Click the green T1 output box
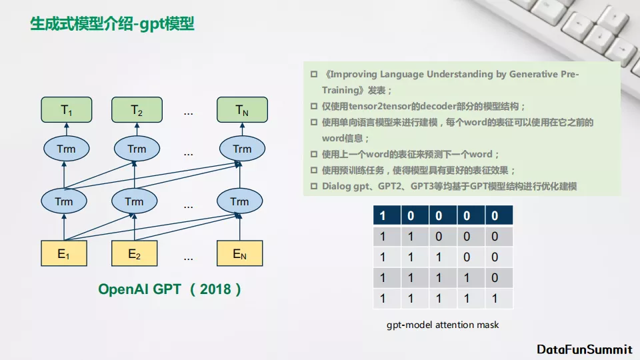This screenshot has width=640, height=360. coord(66,109)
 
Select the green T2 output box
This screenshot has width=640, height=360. coord(137,109)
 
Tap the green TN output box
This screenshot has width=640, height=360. coord(242,109)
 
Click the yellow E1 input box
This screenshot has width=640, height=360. coord(64,253)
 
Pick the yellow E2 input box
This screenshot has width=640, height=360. coord(135,253)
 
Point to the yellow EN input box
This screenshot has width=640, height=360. coord(240,253)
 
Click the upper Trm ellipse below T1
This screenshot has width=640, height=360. coord(66,149)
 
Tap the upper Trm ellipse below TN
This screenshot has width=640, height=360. coord(242,149)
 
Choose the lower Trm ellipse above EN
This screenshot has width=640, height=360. coord(239,201)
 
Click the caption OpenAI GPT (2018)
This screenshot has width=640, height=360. coord(169,289)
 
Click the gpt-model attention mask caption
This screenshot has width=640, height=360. coord(442,325)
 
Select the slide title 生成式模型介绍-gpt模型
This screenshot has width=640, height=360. coord(112,25)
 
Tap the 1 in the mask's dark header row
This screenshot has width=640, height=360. coord(383,215)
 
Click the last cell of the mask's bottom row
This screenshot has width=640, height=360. coord(494,299)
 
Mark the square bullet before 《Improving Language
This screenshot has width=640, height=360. coord(313,75)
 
